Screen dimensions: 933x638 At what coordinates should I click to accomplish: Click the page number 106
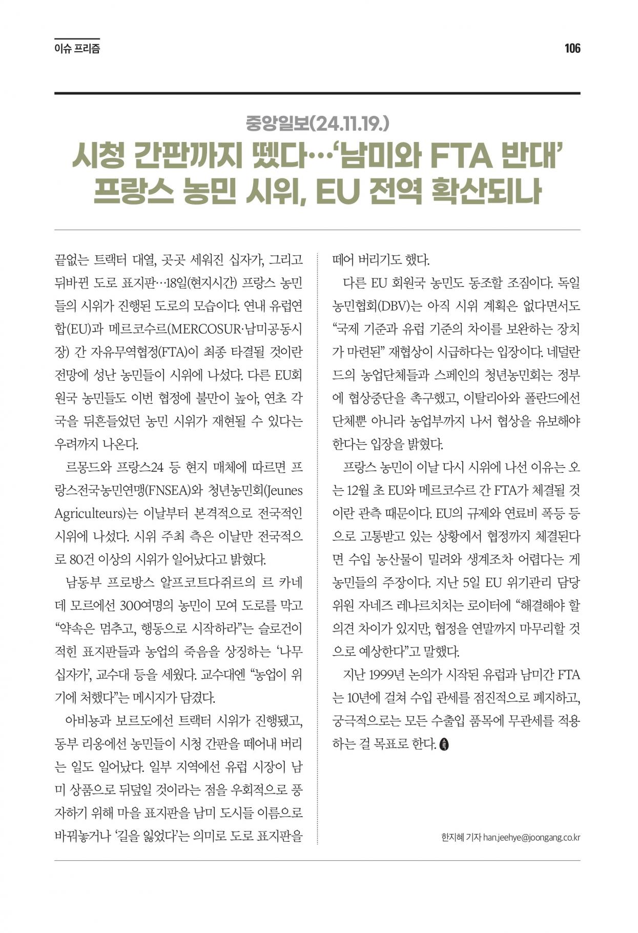572,49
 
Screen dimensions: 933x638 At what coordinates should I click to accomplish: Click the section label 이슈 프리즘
77,49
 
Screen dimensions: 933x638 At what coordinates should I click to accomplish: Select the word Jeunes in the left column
283,491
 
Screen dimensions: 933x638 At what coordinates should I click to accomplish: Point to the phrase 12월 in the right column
359,491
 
